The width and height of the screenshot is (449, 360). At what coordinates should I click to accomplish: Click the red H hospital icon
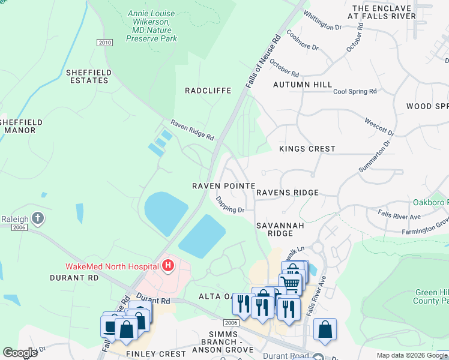click(x=169, y=265)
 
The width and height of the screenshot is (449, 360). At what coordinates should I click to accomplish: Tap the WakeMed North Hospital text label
click(x=112, y=266)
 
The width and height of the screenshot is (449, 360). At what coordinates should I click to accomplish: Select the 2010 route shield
click(x=104, y=42)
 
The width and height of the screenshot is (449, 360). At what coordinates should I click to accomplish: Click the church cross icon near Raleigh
click(x=38, y=218)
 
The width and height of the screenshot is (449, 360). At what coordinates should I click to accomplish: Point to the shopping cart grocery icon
click(x=290, y=283)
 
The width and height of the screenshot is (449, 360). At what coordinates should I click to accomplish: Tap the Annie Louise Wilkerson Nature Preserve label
click(x=151, y=26)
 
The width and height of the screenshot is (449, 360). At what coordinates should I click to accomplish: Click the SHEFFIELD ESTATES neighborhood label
click(x=89, y=77)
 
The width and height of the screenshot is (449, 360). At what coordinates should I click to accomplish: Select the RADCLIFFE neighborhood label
click(x=208, y=91)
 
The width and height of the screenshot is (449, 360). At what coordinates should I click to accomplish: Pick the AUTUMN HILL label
click(x=303, y=85)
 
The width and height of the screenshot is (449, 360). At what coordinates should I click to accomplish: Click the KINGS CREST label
click(x=307, y=149)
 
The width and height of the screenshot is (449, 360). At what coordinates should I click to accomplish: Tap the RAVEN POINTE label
click(x=223, y=186)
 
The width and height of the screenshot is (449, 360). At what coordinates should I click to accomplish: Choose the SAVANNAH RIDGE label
click(x=274, y=229)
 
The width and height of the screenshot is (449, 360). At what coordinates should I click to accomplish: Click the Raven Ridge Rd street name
click(x=192, y=129)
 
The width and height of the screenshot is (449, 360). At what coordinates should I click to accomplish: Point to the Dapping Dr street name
click(x=230, y=205)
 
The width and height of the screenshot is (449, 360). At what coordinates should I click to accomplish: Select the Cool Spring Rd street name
click(x=355, y=91)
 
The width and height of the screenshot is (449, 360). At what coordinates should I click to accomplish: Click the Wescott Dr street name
click(x=379, y=126)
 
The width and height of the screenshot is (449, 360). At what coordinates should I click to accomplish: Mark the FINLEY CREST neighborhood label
click(x=155, y=354)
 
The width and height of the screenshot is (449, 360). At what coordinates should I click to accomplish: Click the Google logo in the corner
click(x=20, y=353)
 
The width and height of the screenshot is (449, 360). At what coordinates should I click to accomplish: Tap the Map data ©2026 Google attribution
click(x=411, y=355)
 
